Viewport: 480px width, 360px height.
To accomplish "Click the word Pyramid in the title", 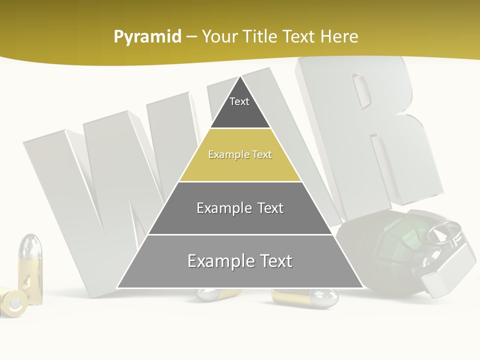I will coord(147,37).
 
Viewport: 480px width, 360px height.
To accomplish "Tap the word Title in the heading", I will coord(261,36).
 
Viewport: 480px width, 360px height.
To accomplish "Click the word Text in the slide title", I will coord(299,36).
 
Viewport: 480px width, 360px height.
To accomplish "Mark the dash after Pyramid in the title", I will coord(191,37).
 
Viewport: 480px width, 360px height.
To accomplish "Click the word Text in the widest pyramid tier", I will coord(274,261).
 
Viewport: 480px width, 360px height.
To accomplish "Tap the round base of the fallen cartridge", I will coord(14,302).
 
